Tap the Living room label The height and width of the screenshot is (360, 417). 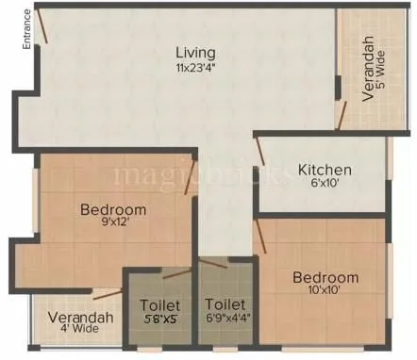click(195, 52)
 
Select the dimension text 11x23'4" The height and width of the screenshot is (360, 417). click(195, 67)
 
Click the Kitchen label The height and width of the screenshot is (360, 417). click(325, 170)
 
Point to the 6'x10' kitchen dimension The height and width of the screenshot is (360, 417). click(325, 185)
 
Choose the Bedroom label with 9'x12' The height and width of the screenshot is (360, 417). click(113, 209)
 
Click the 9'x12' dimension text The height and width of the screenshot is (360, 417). click(113, 224)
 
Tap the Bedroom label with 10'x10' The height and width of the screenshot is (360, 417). click(325, 277)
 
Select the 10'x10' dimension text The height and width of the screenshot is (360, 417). click(325, 292)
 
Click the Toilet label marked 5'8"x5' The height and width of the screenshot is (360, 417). click(160, 305)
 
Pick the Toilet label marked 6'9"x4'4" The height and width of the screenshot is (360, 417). click(225, 305)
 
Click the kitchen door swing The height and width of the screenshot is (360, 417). click(259, 152)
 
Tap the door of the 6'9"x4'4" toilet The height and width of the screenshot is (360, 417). click(214, 263)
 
